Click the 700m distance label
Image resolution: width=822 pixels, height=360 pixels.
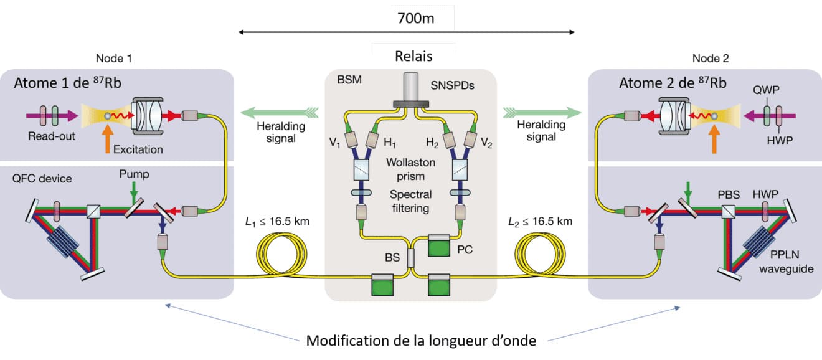click(415, 17)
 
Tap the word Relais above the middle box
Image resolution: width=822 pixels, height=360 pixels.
click(413, 56)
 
